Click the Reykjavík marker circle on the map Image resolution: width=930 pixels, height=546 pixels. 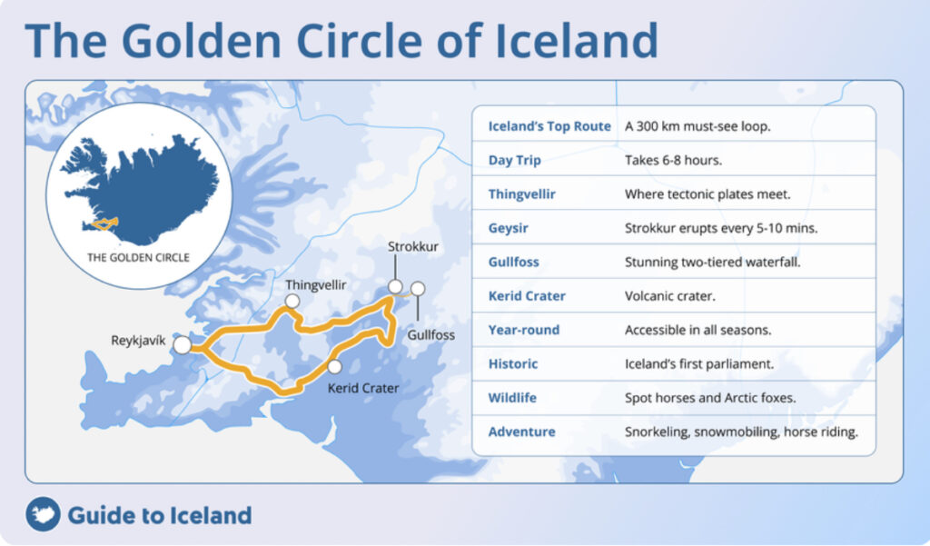pos(183,345)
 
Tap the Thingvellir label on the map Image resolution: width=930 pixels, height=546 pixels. pos(316,285)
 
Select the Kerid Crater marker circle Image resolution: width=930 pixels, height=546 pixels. pos(335,366)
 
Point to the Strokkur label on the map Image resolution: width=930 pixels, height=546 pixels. pos(413,247)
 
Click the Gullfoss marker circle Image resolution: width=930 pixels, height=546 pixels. pos(418,289)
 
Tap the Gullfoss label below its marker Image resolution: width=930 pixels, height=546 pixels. pos(430,335)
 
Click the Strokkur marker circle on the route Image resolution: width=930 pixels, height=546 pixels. pos(395,287)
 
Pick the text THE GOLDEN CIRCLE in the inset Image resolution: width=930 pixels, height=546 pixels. pos(138,257)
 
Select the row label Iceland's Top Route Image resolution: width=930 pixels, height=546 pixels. pos(549,126)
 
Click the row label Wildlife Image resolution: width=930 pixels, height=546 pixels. pos(513,398)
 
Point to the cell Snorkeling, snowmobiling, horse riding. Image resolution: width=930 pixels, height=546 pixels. pos(741,432)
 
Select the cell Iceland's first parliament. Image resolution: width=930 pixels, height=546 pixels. pos(698,363)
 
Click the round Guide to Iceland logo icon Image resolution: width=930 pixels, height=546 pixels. pos(43,515)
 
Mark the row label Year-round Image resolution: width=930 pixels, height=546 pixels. pos(524,330)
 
